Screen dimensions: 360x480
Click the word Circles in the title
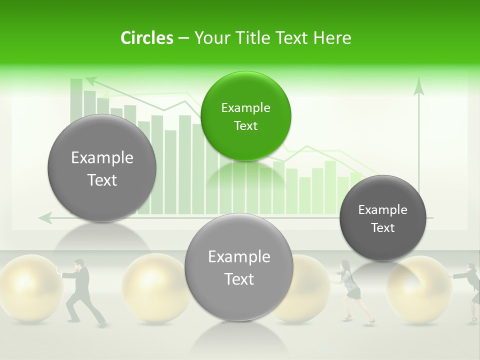(146, 38)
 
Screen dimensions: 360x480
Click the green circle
(245, 116)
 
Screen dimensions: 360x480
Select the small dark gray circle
(382, 218)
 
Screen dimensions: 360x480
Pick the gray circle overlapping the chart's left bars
(102, 168)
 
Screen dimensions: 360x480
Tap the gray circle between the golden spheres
(239, 267)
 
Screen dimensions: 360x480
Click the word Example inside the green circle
(245, 107)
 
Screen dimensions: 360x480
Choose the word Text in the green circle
(245, 125)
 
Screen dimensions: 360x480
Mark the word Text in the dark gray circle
(382, 227)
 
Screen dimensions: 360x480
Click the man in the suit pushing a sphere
(81, 292)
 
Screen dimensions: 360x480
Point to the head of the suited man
(78, 263)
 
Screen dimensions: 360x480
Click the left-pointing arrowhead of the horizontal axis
(45, 217)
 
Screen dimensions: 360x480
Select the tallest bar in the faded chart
(76, 145)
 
